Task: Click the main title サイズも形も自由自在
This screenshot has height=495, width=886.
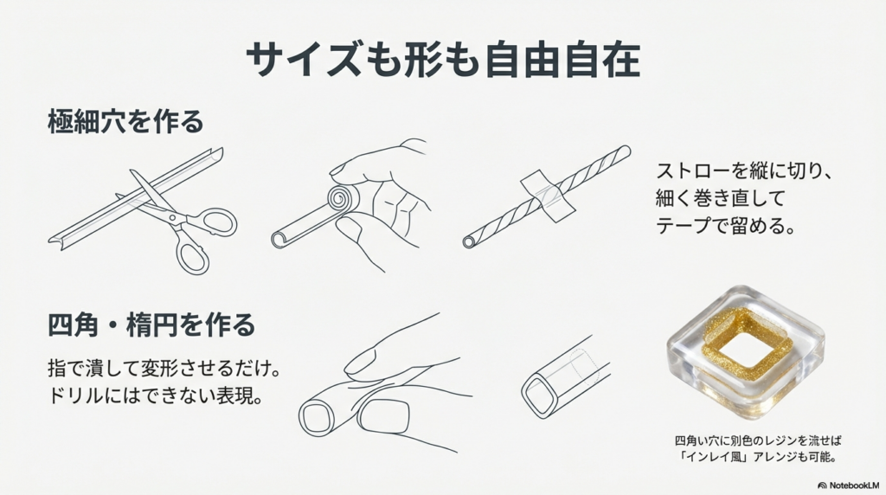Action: pyautogui.click(x=442, y=60)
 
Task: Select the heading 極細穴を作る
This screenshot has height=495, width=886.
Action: pyautogui.click(x=125, y=122)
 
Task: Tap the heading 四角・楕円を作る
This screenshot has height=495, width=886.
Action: pyautogui.click(x=151, y=326)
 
